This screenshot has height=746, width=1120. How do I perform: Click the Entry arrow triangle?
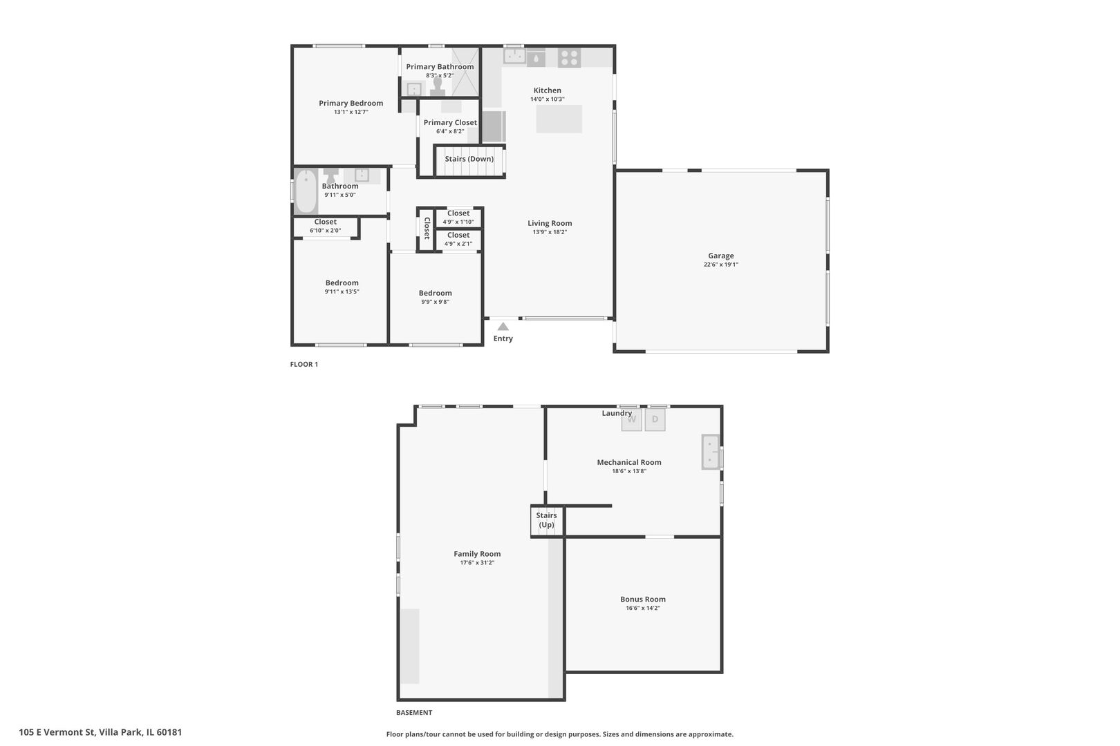[x=503, y=326]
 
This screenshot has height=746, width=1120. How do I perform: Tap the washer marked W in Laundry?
[x=631, y=420]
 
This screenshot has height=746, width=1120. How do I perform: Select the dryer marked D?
[x=655, y=420]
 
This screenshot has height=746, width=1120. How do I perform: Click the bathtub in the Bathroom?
[x=306, y=191]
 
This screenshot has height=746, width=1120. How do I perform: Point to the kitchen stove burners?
[x=569, y=57]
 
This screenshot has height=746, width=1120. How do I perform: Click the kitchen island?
[x=559, y=119]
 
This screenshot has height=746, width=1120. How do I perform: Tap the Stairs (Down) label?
[x=469, y=159]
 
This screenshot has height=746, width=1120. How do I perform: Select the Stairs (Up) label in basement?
[x=546, y=519]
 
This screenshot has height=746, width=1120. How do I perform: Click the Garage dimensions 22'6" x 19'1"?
[x=721, y=265]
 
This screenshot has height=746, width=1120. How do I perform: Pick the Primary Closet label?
[x=450, y=122]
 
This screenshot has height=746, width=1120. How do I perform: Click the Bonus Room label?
[x=643, y=599]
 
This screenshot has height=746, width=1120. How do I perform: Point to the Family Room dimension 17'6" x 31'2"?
[x=478, y=563]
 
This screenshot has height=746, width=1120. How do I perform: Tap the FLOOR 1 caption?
[x=304, y=364]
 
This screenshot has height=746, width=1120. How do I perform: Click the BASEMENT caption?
[x=414, y=713]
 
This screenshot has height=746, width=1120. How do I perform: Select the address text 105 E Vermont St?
[x=57, y=732]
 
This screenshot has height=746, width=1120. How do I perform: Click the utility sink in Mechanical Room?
[x=711, y=452]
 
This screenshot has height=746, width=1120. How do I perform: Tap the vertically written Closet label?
[x=427, y=228]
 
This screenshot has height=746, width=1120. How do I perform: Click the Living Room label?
[x=550, y=223]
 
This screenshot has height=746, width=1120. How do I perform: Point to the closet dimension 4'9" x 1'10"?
[x=458, y=222]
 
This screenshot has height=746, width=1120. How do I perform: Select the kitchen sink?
[x=514, y=56]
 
